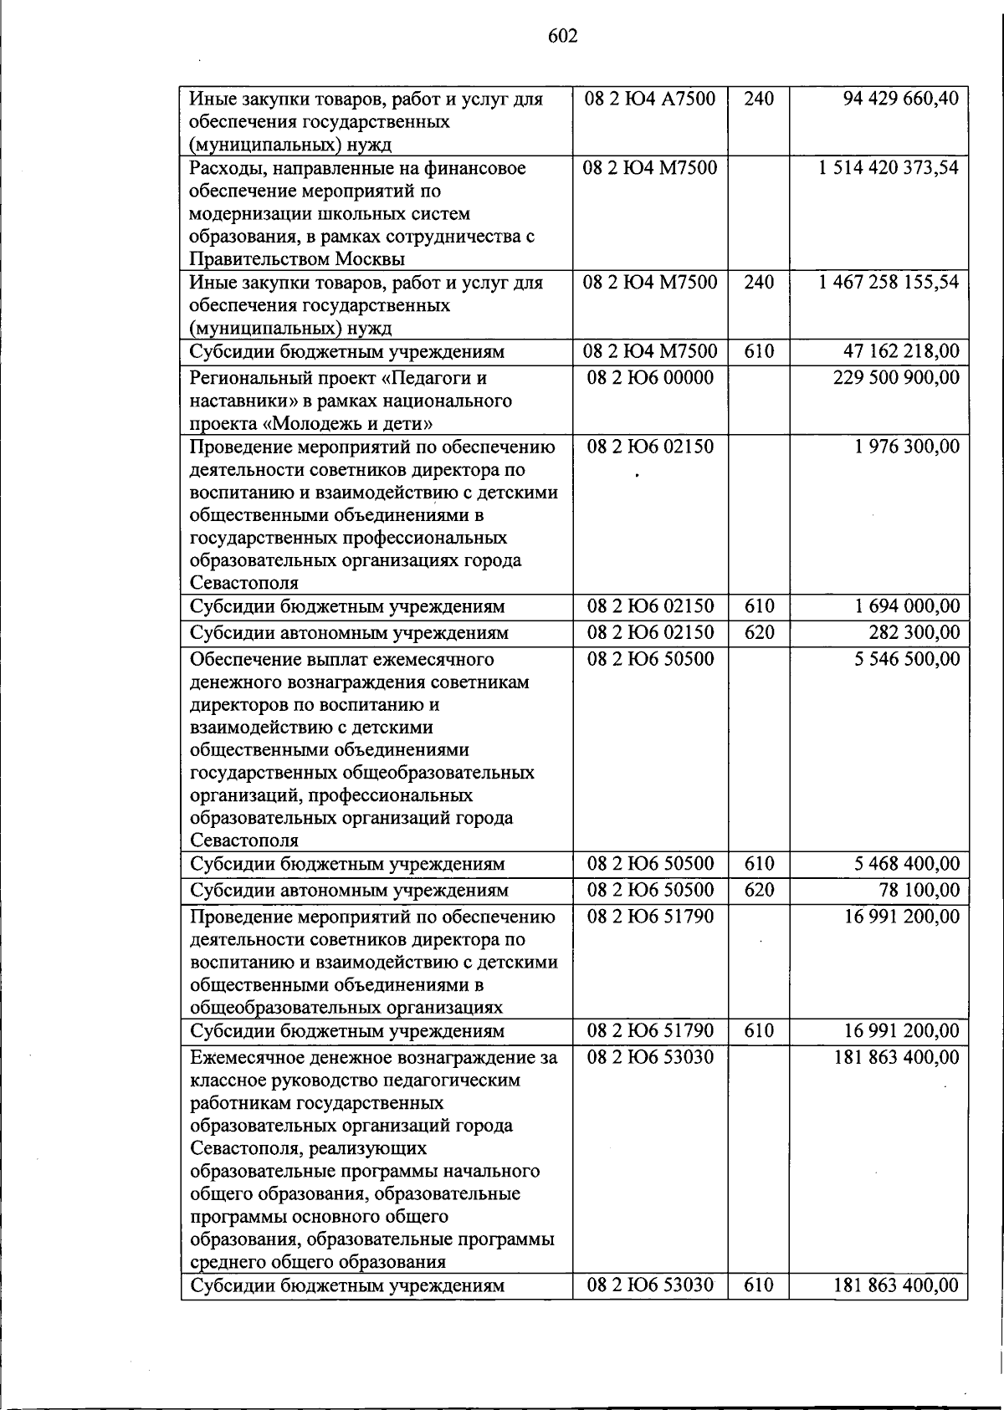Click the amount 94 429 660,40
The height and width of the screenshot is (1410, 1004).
pos(901,99)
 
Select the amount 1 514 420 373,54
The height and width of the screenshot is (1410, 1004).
pos(889,167)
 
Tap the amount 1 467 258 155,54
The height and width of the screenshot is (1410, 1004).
pos(889,282)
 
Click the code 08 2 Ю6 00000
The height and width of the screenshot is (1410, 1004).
pos(650,378)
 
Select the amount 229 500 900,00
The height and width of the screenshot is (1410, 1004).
pos(896,378)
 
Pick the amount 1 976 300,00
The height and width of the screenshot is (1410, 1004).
pos(907,447)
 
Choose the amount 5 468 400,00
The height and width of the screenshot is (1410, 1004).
pos(907,864)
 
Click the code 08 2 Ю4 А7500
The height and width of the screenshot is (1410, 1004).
pos(650,99)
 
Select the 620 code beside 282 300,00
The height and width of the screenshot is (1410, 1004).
pos(759,633)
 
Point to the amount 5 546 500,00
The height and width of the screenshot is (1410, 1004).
pos(907,659)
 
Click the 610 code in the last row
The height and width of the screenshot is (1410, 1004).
pos(759,1285)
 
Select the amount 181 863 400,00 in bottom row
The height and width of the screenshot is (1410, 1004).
pos(896,1285)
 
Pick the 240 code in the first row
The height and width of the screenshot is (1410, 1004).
pos(759,99)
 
